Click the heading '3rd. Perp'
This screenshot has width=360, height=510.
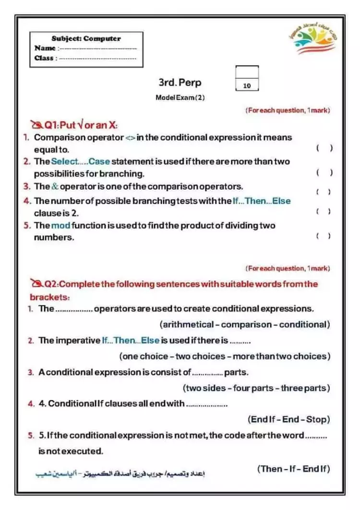(180, 83)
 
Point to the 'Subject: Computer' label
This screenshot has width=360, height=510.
(86, 38)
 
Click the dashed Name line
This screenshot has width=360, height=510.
(97, 48)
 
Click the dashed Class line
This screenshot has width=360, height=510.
(97, 58)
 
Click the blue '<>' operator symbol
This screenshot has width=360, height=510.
(130, 138)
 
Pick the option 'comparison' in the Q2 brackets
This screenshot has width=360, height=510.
(247, 325)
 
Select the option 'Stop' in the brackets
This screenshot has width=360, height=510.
(316, 419)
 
